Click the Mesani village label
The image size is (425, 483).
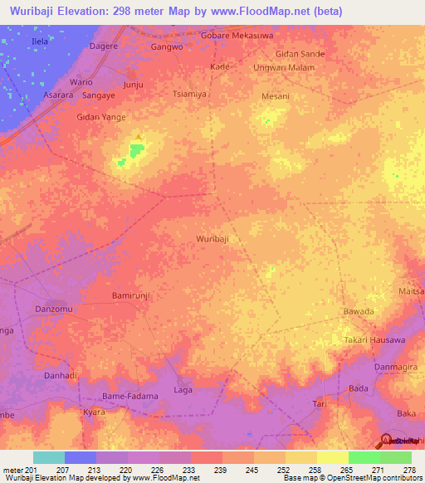coord(275,96)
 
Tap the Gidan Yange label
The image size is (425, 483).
coord(101,117)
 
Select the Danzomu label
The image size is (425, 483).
coord(54,310)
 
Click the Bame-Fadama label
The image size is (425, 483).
coord(129,397)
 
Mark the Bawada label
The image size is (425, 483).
coord(359,311)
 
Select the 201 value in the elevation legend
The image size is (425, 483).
coord(32,470)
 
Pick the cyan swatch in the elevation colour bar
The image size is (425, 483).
coord(49,457)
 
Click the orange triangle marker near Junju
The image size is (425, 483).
coord(138,137)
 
